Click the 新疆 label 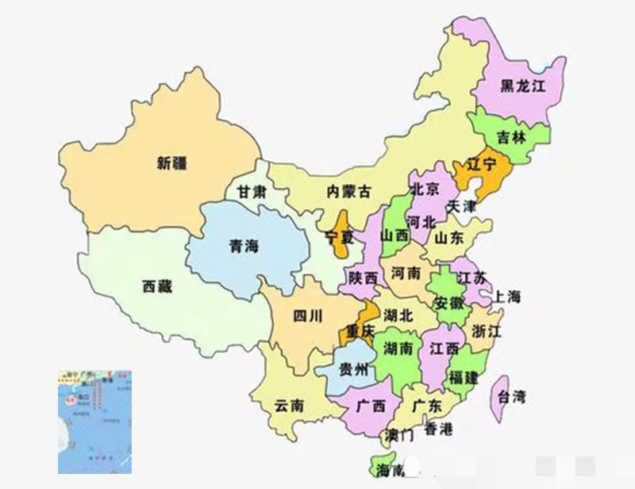coord(172,163)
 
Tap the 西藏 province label coord(156,286)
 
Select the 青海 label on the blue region coord(243,246)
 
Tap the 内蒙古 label coord(348,191)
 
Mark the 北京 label coord(425,189)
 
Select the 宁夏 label coord(340,236)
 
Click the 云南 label coord(289,405)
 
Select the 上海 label coord(506,297)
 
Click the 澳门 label coord(398,435)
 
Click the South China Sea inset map coord(94,422)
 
